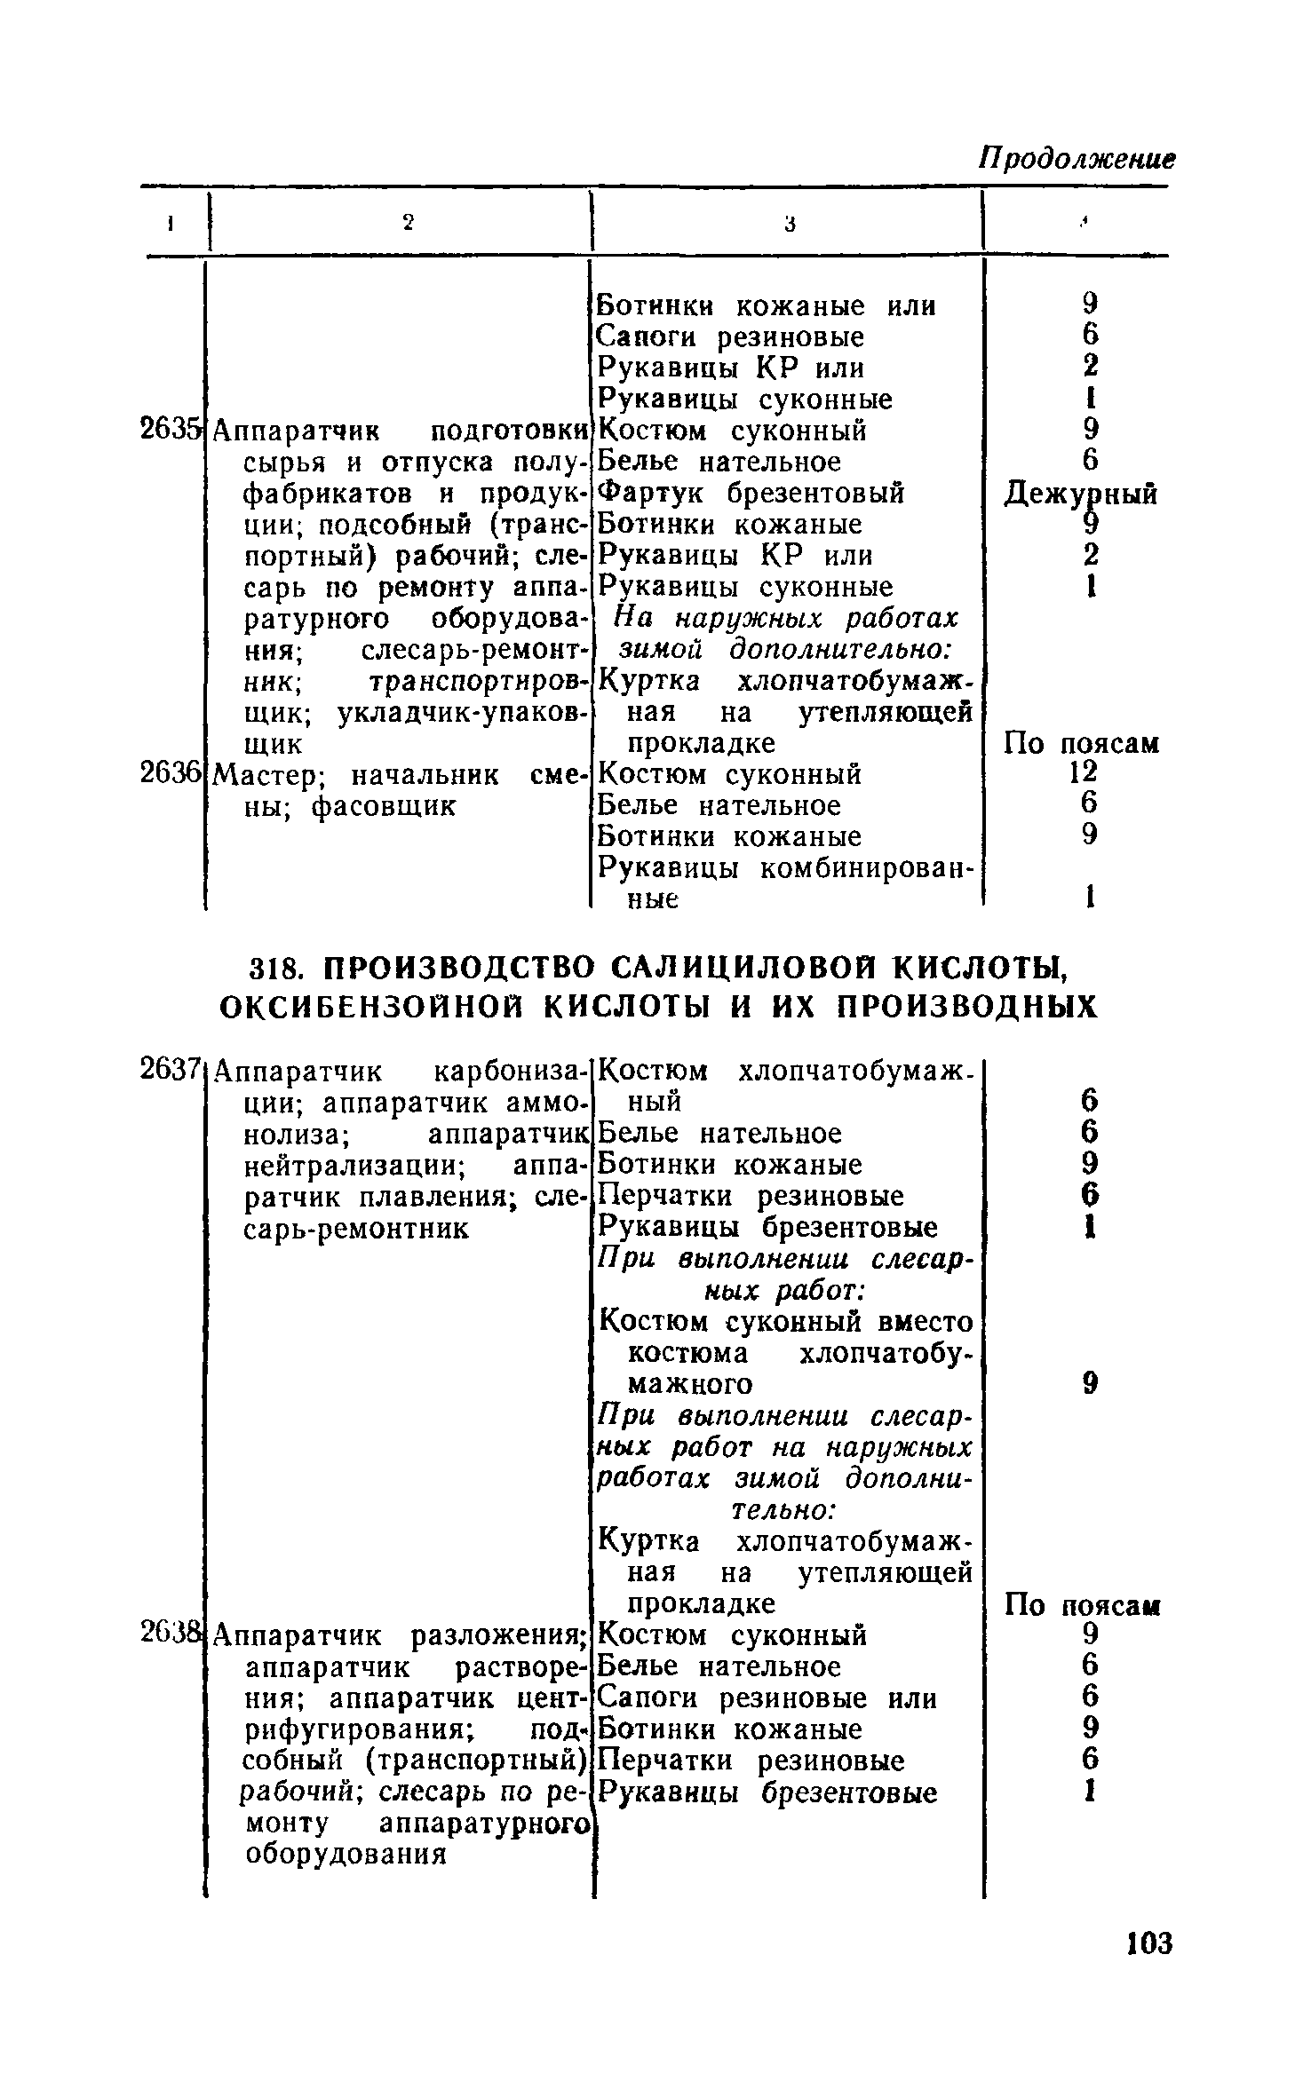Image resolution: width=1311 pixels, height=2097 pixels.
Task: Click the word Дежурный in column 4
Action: [x=1080, y=494]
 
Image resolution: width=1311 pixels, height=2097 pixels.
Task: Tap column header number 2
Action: [x=408, y=224]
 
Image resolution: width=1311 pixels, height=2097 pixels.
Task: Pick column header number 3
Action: [x=788, y=225]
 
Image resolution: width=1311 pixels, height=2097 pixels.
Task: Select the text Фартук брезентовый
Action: [x=751, y=493]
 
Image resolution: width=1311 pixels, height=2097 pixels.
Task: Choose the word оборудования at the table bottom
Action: [x=346, y=1855]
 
